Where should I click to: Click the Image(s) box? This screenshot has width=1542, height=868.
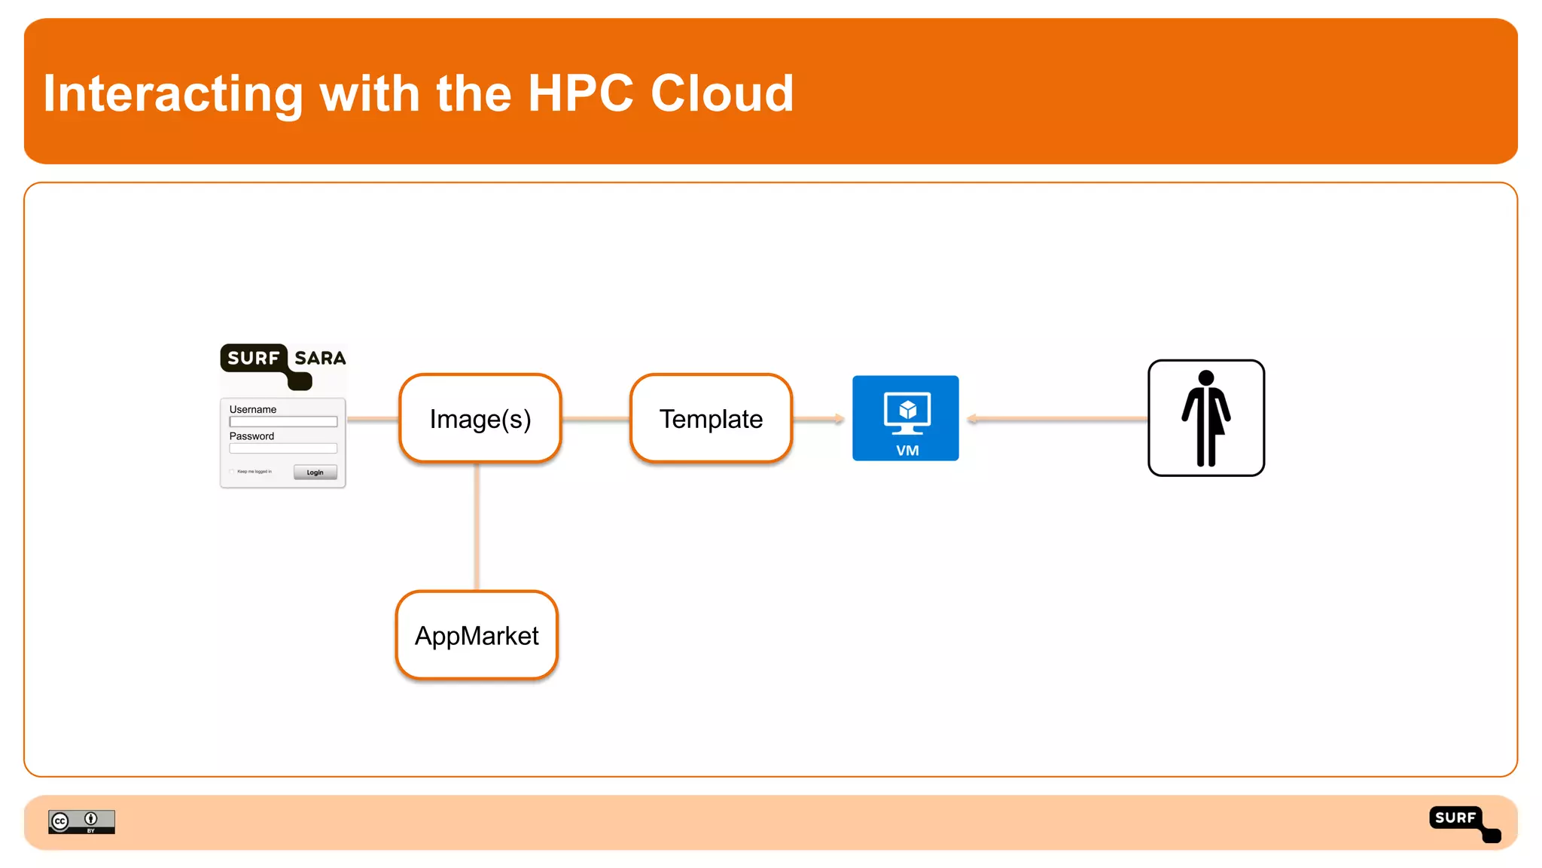tap(480, 418)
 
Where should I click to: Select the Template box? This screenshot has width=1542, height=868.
tap(711, 418)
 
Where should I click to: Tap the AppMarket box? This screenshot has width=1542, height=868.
tap(477, 635)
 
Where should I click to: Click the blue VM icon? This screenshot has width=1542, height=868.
tap(905, 417)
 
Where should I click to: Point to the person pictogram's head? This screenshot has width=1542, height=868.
tap(1206, 377)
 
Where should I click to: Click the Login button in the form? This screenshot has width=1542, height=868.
tap(315, 472)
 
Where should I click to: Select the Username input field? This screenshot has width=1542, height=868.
tap(283, 422)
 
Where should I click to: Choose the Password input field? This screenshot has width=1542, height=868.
tap(283, 448)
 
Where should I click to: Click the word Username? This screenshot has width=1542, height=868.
tap(253, 409)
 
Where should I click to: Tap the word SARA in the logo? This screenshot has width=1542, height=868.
tap(320, 358)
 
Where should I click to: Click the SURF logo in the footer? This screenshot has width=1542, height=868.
tap(1464, 823)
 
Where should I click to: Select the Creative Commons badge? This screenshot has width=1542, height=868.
tap(81, 821)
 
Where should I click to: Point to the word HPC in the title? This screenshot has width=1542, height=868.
tap(581, 93)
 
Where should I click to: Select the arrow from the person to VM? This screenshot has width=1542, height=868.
tap(1054, 418)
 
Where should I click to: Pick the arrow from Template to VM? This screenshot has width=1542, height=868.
tap(818, 418)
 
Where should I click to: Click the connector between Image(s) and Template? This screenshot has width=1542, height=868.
tap(596, 418)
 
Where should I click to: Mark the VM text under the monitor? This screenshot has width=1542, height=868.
tap(907, 451)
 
